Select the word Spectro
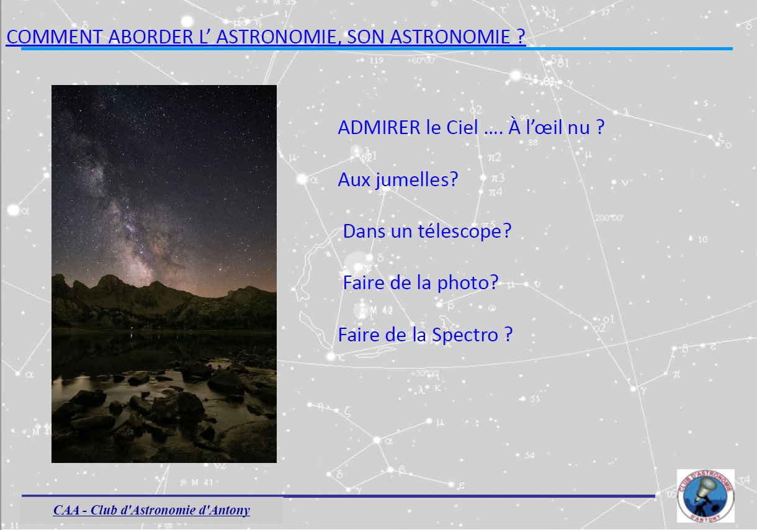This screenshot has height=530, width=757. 465,335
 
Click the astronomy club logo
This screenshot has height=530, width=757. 705,496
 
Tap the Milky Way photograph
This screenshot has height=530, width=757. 164,274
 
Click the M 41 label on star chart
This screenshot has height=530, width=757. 202,483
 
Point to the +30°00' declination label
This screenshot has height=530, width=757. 425,374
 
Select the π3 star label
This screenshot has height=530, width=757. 497,177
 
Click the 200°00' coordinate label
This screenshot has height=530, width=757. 608,218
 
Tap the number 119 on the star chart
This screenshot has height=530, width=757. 376,60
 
